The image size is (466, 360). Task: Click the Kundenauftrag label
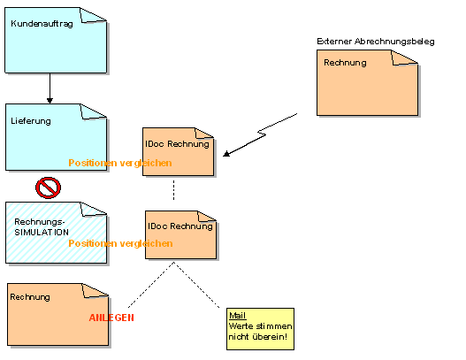pyautogui.click(x=42, y=24)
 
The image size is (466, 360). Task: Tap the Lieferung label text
pyautogui.click(x=31, y=121)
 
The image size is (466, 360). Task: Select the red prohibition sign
pyautogui.click(x=48, y=188)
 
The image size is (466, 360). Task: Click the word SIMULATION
pyautogui.click(x=42, y=232)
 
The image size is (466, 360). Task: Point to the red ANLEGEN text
pyautogui.click(x=111, y=318)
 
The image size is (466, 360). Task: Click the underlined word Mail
pyautogui.click(x=238, y=316)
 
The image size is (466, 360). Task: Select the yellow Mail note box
pyautogui.click(x=260, y=329)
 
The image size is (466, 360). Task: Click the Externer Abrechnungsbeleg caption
pyautogui.click(x=376, y=42)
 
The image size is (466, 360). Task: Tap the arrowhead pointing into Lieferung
pyautogui.click(x=50, y=101)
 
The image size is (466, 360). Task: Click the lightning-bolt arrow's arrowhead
pyautogui.click(x=226, y=153)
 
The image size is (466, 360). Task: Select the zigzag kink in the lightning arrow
pyautogui.click(x=262, y=133)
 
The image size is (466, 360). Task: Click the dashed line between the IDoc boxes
pyautogui.click(x=174, y=189)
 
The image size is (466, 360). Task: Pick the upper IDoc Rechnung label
pyautogui.click(x=177, y=144)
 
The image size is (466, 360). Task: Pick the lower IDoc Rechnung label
pyautogui.click(x=180, y=226)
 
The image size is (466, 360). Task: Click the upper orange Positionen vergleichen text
pyautogui.click(x=120, y=163)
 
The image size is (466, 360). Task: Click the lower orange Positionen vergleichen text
pyautogui.click(x=120, y=243)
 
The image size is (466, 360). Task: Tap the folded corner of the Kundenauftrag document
pyautogui.click(x=93, y=15)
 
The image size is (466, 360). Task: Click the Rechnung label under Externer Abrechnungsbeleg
pyautogui.click(x=345, y=63)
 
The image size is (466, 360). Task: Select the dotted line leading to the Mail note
pyautogui.click(x=196, y=285)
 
